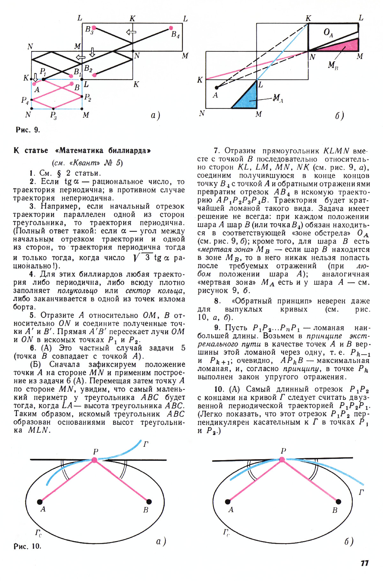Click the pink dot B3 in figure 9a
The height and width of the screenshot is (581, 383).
point(94,28)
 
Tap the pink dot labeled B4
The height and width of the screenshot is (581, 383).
point(171,28)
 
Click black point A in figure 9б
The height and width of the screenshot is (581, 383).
point(216,87)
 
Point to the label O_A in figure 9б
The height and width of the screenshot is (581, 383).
point(328,33)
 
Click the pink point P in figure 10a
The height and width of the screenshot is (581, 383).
point(94,460)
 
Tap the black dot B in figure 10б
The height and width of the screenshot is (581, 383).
point(339,502)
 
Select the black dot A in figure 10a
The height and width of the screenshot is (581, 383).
point(40,502)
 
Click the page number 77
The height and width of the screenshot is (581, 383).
point(364,563)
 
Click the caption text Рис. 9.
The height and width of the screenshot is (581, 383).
point(28,130)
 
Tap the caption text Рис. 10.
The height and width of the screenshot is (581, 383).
point(27,546)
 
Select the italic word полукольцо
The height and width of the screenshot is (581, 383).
point(78,291)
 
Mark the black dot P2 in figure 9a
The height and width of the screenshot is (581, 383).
point(82,96)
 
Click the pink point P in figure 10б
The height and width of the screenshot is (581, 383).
point(282,460)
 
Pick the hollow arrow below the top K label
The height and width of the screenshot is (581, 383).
point(131,32)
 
